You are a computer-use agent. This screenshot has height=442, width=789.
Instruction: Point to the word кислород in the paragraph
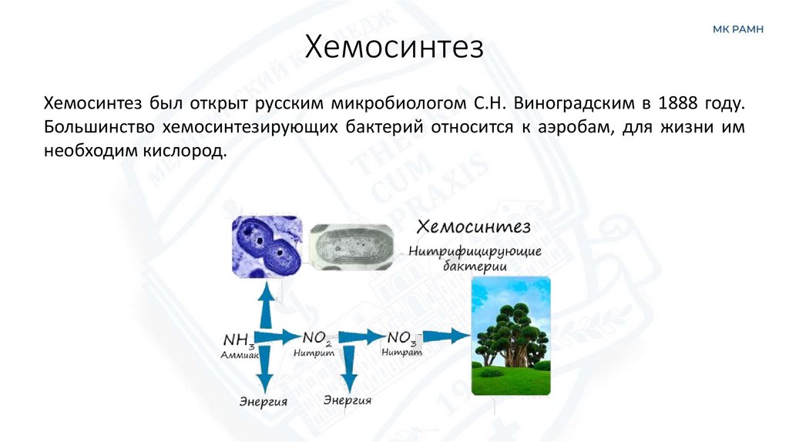tap(188, 152)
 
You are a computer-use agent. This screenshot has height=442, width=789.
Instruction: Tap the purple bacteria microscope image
tap(267, 246)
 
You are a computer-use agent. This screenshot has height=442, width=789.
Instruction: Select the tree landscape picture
tap(511, 337)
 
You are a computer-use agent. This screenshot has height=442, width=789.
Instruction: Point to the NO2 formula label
tap(317, 337)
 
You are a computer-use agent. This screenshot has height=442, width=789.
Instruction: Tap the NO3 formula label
tap(402, 337)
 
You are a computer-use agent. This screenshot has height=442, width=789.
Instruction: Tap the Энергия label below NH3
tap(264, 401)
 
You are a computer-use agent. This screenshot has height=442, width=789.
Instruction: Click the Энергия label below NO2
tap(347, 400)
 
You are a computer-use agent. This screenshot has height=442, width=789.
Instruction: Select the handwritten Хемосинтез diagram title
tap(473, 227)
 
